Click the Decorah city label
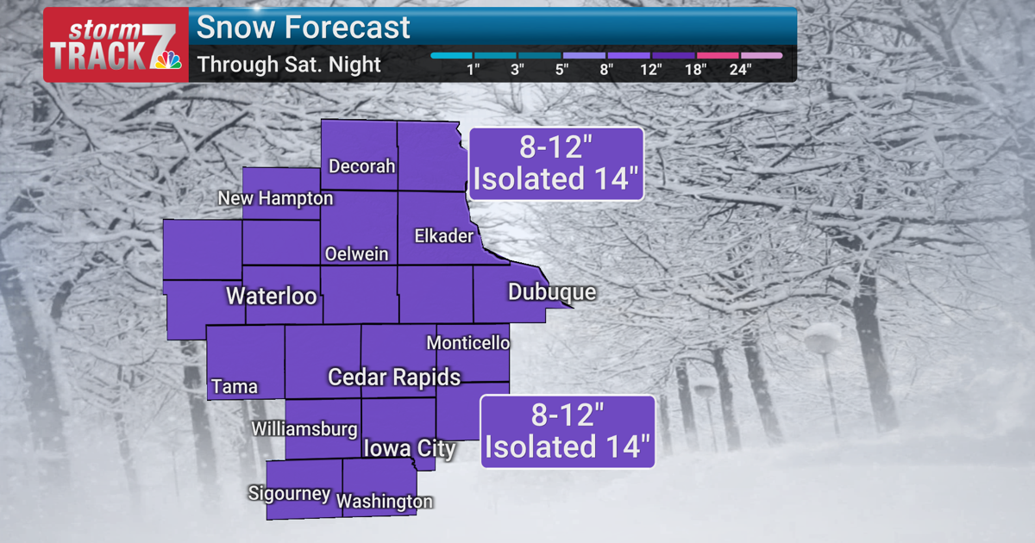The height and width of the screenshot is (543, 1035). pos(362,166)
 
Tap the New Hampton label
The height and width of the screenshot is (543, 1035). pos(275,199)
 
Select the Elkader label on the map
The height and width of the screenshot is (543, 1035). pos(443,235)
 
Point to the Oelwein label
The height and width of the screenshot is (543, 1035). pos(356,254)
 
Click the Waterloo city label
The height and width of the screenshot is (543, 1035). pos(271,296)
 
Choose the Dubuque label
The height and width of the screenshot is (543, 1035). pos(552,292)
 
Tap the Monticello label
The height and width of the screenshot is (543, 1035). pos(467,343)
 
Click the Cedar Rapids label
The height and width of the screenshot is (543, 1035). pos(394,378)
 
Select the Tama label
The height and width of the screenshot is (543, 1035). pos(235,386)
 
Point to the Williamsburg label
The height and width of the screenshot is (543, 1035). pos(304,429)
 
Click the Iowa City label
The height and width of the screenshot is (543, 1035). pos(409,449)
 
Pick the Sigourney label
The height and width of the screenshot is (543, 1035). pos(289,494)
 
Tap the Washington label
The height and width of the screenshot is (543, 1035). pos(385,502)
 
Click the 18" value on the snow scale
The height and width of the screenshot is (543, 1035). pos(695,70)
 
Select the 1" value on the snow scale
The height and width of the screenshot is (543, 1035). pos(473,70)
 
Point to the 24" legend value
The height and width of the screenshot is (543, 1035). pos(740,70)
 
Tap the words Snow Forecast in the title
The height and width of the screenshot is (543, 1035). pos(304,28)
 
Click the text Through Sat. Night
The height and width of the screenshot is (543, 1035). pos(289,65)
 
